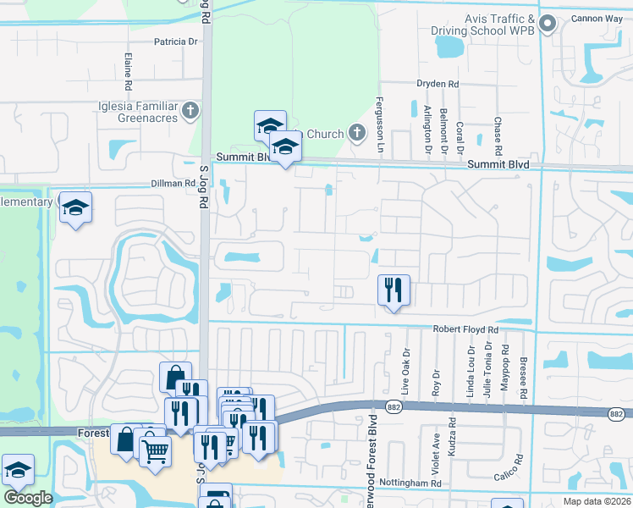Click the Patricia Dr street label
[176, 41]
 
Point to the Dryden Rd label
[437, 84]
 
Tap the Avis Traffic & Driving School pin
[547, 24]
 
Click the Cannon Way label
[603, 19]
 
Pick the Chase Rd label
[498, 135]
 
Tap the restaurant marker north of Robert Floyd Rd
[394, 290]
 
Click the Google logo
[28, 498]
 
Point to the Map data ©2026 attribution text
[597, 501]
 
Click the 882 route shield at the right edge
[616, 414]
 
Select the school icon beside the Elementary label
[75, 207]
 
